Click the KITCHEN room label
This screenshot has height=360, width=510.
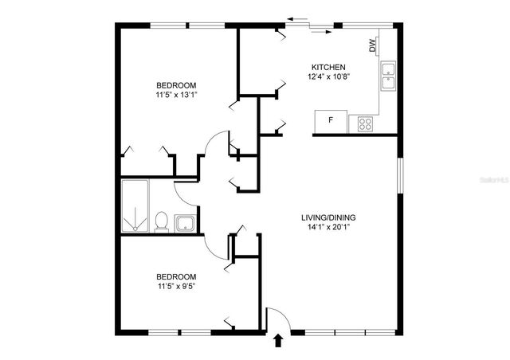[329, 67]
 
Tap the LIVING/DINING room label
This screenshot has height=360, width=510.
[328, 217]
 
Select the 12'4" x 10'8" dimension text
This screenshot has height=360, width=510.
[329, 77]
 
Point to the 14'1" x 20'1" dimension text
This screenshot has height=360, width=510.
[328, 228]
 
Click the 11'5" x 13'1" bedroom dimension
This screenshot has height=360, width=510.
[176, 95]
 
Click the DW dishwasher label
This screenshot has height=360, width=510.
[373, 47]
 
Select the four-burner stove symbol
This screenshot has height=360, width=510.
[366, 123]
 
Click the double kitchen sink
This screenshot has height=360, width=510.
[388, 76]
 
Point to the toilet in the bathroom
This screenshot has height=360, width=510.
[161, 221]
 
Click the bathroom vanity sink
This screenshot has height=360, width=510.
[186, 222]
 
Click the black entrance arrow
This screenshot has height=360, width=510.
[278, 342]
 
